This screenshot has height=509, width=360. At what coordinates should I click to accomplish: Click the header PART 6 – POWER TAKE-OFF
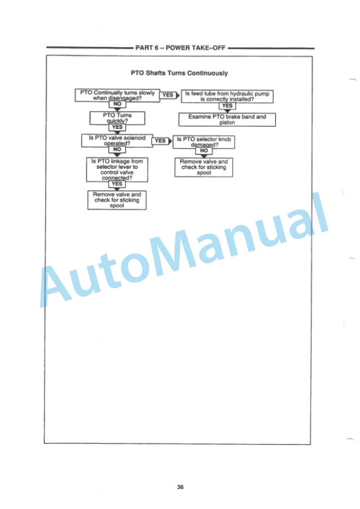tap(180, 48)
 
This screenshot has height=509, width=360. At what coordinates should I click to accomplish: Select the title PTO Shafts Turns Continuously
tap(179, 73)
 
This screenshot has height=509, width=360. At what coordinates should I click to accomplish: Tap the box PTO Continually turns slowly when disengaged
tap(117, 95)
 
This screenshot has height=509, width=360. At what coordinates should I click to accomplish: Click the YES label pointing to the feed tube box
tap(168, 95)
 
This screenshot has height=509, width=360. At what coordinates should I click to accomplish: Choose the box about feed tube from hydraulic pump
tap(227, 97)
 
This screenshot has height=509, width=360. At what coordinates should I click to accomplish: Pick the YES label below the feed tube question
tap(227, 106)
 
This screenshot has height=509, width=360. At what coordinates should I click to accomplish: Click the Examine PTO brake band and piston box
tap(227, 119)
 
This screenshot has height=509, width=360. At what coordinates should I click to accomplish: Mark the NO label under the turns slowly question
tap(117, 104)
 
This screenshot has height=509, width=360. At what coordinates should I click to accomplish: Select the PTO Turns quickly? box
tap(117, 118)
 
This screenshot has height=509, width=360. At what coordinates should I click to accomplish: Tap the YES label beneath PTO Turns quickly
tap(117, 127)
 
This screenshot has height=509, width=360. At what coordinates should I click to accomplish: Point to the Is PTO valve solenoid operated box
tap(117, 141)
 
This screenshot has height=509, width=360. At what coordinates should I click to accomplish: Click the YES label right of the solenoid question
tap(161, 141)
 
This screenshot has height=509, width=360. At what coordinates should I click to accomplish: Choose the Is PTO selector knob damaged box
tap(204, 142)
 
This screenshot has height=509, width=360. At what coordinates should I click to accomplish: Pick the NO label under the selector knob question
tap(204, 151)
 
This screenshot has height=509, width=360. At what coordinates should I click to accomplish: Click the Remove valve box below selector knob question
tap(204, 167)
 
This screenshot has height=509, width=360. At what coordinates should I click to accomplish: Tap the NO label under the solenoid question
tap(117, 149)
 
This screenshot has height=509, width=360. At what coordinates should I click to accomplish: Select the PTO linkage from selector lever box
tap(117, 169)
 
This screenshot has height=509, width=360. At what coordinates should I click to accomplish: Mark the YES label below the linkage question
tap(117, 184)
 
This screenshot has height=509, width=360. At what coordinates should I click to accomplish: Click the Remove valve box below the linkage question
tap(117, 200)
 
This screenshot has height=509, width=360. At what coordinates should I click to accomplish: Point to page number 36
tap(180, 487)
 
